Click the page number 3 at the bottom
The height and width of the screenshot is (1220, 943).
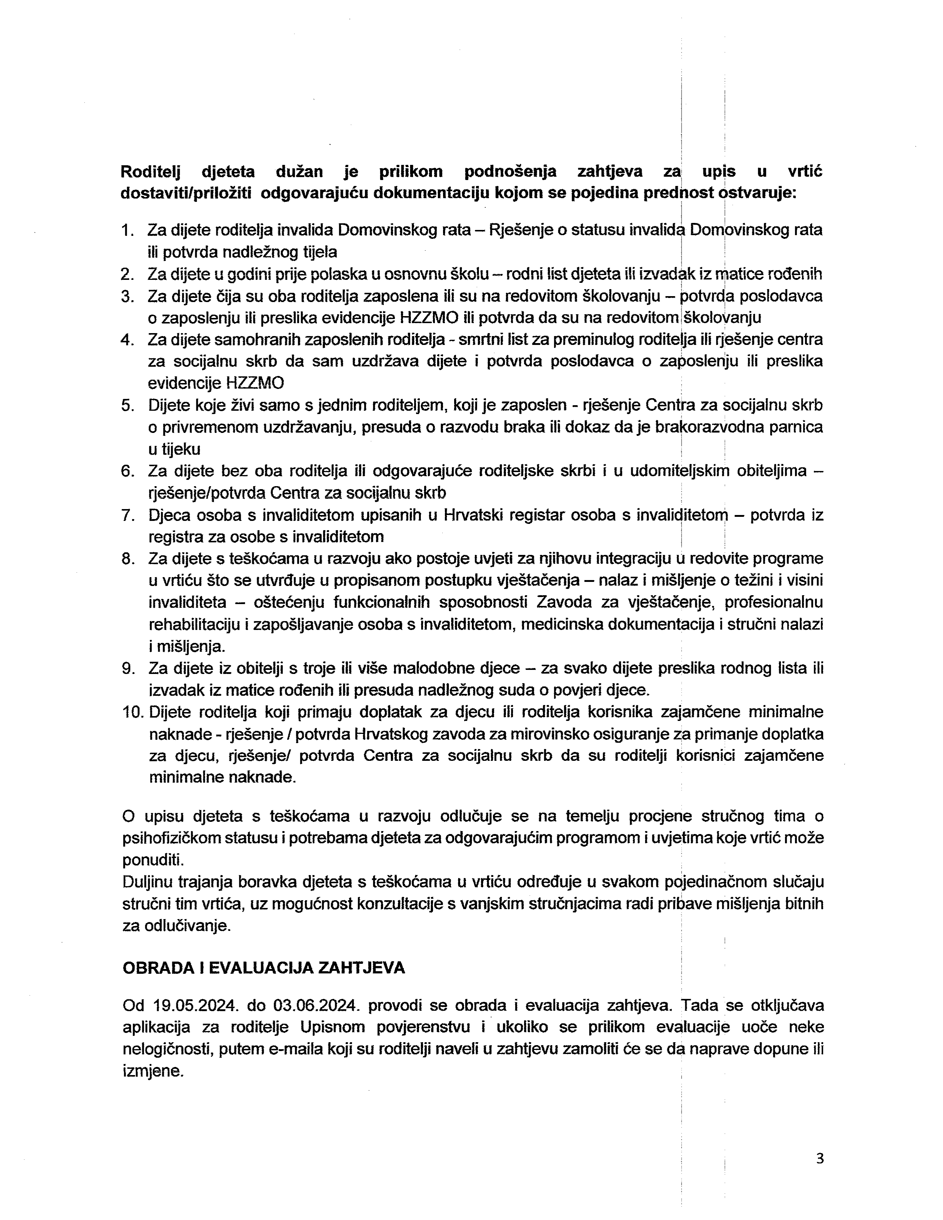coord(819,1159)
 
